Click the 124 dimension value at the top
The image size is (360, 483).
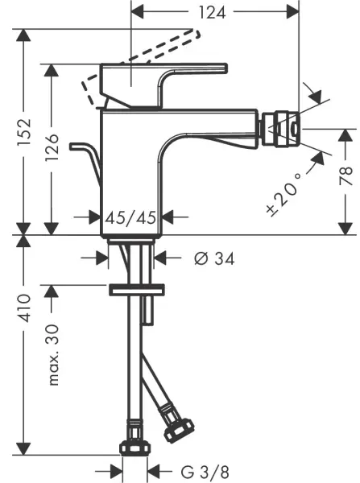coord(215,11)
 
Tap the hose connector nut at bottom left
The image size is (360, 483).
coord(133,446)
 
